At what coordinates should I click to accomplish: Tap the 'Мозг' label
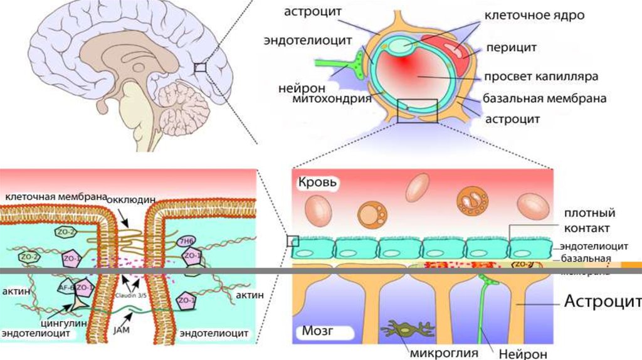(313, 331)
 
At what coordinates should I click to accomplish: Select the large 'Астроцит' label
(603, 302)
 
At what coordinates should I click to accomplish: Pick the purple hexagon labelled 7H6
(187, 241)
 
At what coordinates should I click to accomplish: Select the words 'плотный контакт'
(587, 220)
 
